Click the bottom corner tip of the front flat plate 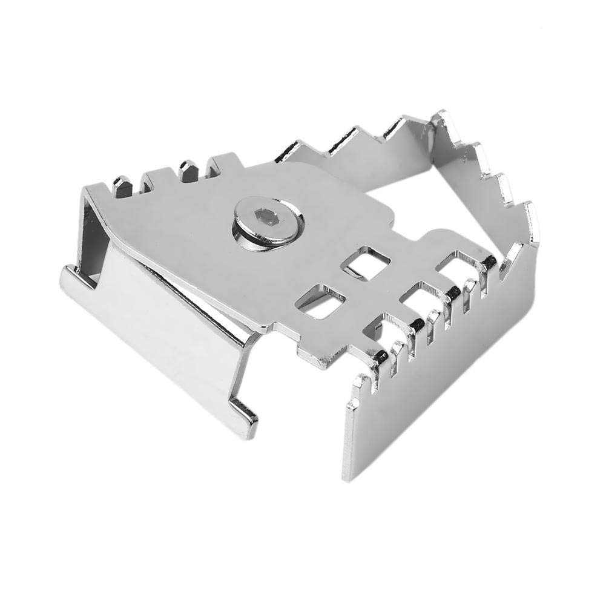(x=350, y=478)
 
